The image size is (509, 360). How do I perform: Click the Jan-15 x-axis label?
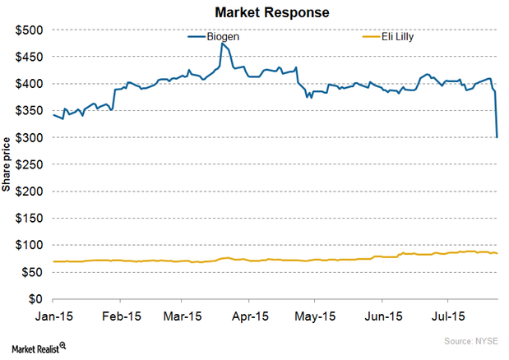point(53,316)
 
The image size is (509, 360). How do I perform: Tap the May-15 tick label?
point(318,316)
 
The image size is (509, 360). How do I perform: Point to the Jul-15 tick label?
point(450,316)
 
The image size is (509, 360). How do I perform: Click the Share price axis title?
point(9,164)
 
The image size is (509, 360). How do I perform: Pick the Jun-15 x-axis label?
point(383,316)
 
